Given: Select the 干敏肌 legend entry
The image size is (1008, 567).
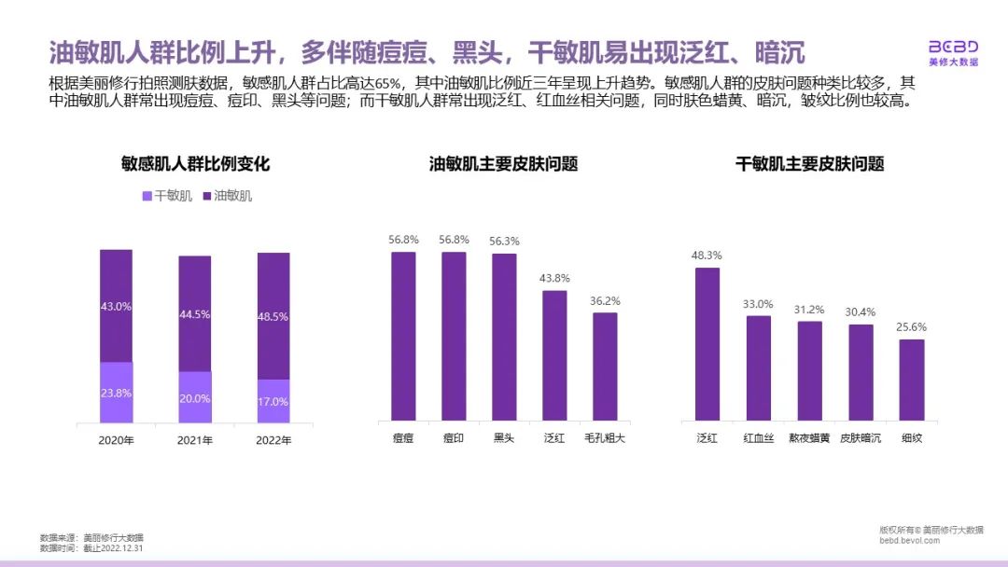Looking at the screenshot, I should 166,196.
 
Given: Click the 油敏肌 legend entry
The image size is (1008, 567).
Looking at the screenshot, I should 227,196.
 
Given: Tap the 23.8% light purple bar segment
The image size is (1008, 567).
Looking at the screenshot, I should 116,392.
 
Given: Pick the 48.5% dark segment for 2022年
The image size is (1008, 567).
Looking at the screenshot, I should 273,316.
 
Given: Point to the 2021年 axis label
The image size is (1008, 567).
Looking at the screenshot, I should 195,440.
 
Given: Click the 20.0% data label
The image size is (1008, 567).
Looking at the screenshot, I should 195,398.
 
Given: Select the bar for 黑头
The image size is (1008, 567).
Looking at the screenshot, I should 504,337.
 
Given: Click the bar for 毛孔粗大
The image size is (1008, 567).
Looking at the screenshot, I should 605,366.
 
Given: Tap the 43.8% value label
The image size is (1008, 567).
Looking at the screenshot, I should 554,278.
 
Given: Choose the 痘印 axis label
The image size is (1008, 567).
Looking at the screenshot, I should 454,437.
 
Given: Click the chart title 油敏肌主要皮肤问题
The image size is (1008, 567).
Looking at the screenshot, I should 503,164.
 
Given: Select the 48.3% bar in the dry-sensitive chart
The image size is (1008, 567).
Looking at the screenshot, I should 707,344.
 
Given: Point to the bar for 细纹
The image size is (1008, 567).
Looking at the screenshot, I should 912,380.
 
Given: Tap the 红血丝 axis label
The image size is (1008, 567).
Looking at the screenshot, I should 758,437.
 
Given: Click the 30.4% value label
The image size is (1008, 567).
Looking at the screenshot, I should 861,311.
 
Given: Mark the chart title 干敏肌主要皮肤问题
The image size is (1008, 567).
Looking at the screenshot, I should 809,164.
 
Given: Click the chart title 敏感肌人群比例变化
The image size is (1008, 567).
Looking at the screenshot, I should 195,164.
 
